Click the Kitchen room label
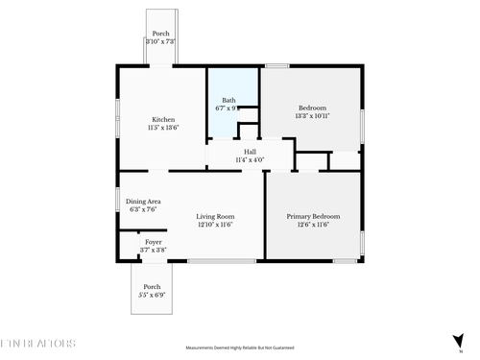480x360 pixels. pyautogui.click(x=163, y=119)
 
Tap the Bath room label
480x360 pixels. pyautogui.click(x=228, y=100)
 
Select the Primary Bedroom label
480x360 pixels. pyautogui.click(x=313, y=217)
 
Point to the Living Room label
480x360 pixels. pyautogui.click(x=215, y=217)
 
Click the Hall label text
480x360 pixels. pyautogui.click(x=250, y=152)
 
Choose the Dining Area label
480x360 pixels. pyautogui.click(x=142, y=201)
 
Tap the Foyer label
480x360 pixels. pyautogui.click(x=153, y=242)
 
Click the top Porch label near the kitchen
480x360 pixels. pyautogui.click(x=160, y=34)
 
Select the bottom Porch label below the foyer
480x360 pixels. pyautogui.click(x=152, y=287)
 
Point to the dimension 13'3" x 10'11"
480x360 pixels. pyautogui.click(x=313, y=116)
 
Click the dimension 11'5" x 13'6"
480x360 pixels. pyautogui.click(x=163, y=128)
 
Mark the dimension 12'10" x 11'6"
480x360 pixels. pyautogui.click(x=215, y=225)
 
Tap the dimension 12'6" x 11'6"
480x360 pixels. pyautogui.click(x=313, y=225)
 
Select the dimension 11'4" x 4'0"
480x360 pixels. pyautogui.click(x=250, y=160)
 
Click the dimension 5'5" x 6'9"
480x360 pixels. pyautogui.click(x=152, y=296)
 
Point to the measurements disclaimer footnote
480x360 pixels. pyautogui.click(x=239, y=348)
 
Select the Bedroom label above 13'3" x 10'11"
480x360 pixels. pyautogui.click(x=313, y=108)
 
